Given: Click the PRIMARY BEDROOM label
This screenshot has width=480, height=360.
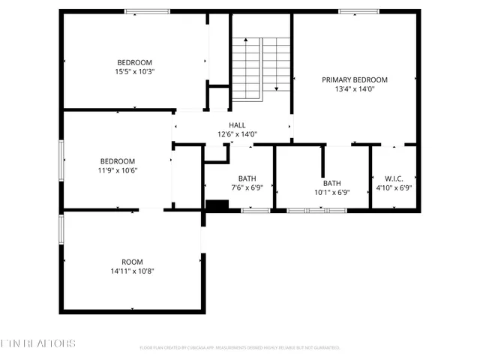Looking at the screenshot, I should (355, 79).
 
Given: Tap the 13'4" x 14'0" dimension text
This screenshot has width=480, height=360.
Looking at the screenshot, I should (355, 89).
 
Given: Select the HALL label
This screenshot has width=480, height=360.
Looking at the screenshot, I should (237, 125).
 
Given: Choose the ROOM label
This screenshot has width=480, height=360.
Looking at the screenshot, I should (132, 262).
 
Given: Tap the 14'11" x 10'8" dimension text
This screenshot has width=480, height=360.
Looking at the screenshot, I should (132, 271).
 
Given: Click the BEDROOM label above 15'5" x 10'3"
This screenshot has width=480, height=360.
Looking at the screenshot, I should (134, 62).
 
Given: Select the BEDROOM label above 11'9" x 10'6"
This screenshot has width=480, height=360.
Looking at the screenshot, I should (118, 161).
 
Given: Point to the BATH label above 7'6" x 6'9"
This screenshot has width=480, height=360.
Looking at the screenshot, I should (247, 178).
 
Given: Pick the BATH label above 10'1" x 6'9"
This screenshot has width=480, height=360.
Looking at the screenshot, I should (331, 183).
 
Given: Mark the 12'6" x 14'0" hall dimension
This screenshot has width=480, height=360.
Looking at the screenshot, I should (237, 134).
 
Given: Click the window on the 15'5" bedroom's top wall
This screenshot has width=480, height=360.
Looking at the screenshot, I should (142, 11).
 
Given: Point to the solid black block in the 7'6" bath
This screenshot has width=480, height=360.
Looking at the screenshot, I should (217, 205).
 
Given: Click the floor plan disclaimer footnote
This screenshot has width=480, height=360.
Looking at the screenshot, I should (240, 348).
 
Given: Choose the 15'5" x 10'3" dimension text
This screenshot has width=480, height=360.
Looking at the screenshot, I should (134, 72).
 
